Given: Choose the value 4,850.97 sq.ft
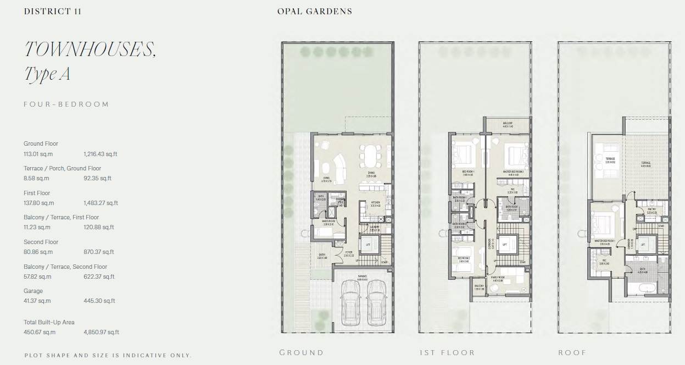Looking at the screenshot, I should (x=101, y=332).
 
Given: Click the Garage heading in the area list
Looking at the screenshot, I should (x=33, y=291).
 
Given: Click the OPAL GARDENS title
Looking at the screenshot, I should (x=314, y=12).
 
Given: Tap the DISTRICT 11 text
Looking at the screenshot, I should (x=53, y=12).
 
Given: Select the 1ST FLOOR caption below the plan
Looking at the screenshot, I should (x=447, y=352).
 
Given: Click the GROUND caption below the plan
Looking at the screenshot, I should (x=301, y=352).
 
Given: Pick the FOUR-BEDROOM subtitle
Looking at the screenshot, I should (x=66, y=104).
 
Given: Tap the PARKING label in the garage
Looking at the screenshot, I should (x=362, y=276).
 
